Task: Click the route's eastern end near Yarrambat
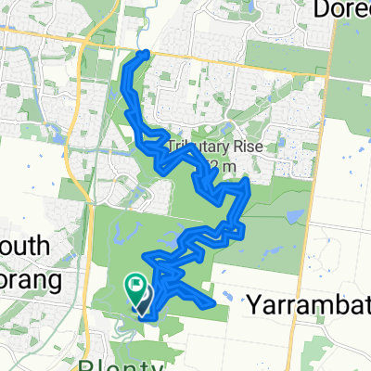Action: coord(213,301)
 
